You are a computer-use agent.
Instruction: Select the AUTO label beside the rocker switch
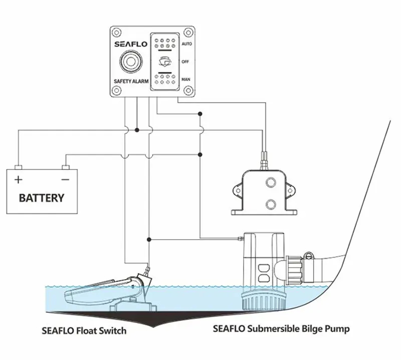pyautogui.click(x=186, y=44)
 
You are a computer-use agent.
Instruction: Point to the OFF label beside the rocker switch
pyautogui.click(x=185, y=61)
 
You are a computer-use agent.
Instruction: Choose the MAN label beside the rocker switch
pyautogui.click(x=185, y=79)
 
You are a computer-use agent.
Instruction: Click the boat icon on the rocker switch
pyautogui.click(x=165, y=62)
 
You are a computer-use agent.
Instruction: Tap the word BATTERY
pyautogui.click(x=42, y=198)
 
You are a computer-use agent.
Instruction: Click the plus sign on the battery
pyautogui.click(x=19, y=179)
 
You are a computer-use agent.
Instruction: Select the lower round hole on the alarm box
pyautogui.click(x=271, y=204)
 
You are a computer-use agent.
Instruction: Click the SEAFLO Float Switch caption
pyautogui.click(x=84, y=331)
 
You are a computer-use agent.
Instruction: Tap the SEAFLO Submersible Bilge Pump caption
pyautogui.click(x=281, y=329)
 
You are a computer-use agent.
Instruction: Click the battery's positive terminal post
pyautogui.click(x=19, y=166)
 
